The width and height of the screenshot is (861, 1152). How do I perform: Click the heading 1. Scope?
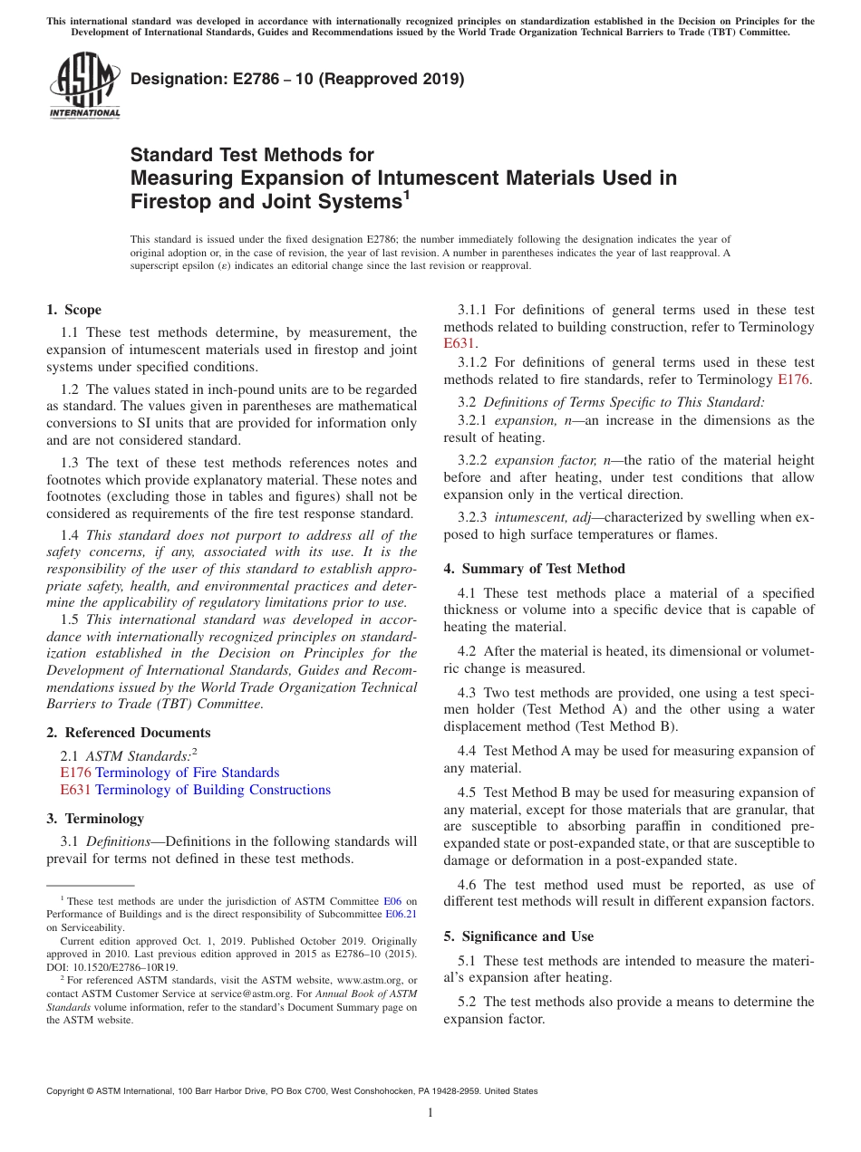(x=74, y=310)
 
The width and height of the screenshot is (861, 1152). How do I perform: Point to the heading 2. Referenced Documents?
(x=129, y=733)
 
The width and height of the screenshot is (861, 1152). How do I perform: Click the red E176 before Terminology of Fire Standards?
(x=75, y=773)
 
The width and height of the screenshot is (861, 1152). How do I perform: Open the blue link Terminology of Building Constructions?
(x=213, y=790)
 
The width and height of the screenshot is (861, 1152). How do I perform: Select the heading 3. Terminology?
(x=95, y=819)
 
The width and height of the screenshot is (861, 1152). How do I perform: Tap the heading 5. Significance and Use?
(x=518, y=936)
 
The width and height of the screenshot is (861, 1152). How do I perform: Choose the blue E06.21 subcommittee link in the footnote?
(x=401, y=914)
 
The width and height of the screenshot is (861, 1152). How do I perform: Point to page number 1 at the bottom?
(x=430, y=1113)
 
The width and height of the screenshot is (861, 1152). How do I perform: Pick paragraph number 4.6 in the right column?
(x=467, y=884)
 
